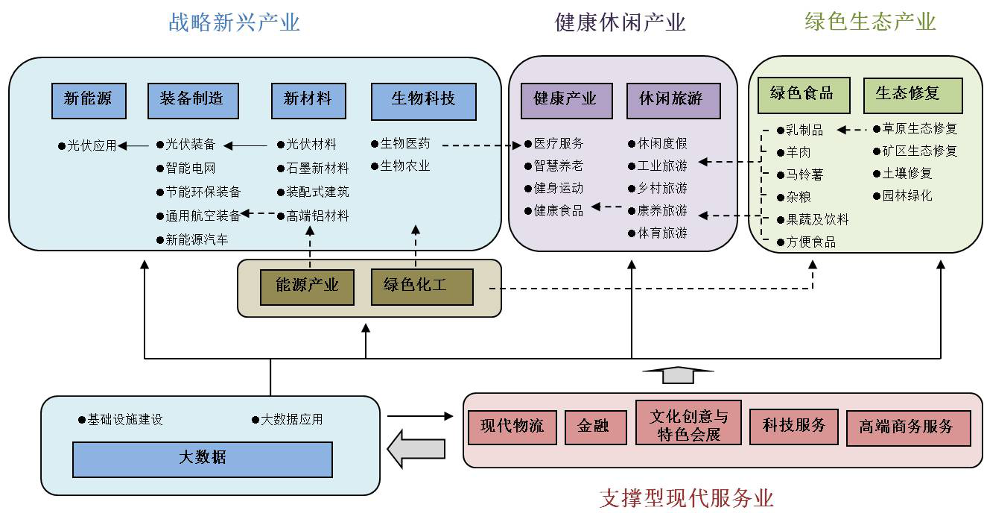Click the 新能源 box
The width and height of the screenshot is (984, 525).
point(89,101)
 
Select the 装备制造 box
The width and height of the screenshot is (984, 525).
point(193,101)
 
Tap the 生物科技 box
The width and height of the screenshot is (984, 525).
point(424,101)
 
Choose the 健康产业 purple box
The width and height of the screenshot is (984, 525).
point(567,101)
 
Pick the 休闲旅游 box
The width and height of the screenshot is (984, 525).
point(673,101)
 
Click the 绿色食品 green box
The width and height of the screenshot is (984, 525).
point(804,95)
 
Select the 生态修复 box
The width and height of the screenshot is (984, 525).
point(912,95)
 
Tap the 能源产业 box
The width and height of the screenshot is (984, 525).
point(307,287)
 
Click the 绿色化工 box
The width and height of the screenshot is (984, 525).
point(422,287)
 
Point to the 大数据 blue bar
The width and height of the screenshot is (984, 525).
point(203,459)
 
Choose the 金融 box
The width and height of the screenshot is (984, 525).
point(596,427)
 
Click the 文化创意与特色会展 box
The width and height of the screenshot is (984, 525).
point(688,423)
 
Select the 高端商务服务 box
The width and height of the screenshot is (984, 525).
point(909,428)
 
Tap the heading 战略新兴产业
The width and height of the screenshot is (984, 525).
point(234,22)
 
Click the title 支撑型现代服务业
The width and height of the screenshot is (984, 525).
point(687,498)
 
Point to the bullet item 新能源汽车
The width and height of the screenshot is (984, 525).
point(193,239)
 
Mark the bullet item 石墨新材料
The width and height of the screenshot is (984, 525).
point(313,168)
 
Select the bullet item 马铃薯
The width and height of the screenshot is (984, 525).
point(800,175)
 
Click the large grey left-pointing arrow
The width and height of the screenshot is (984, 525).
point(416,449)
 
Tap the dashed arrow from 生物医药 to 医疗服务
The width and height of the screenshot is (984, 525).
point(481,145)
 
